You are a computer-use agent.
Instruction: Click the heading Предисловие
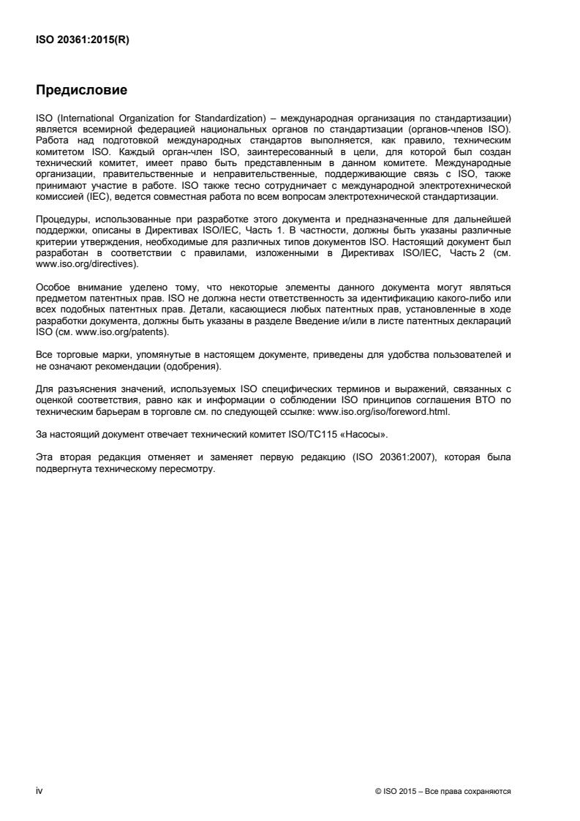[82, 91]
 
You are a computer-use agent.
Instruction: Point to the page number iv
[39, 790]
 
